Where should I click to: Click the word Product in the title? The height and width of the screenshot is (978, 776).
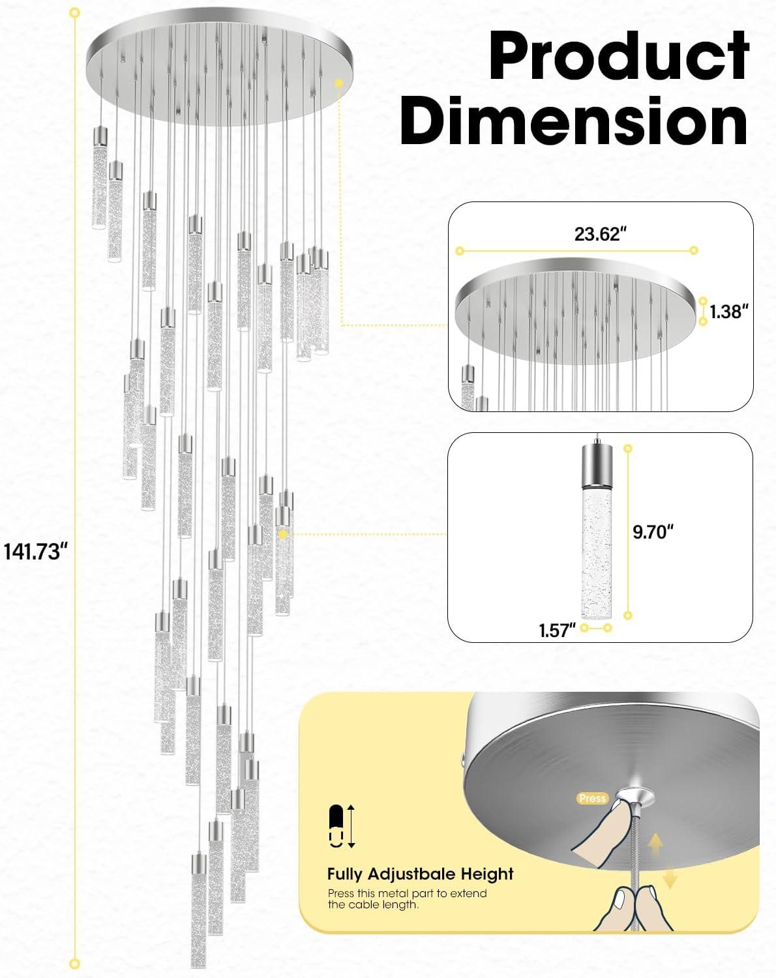[x=618, y=56]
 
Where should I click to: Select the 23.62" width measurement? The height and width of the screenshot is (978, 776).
[x=597, y=234]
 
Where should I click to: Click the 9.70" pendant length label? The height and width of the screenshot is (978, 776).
[x=653, y=531]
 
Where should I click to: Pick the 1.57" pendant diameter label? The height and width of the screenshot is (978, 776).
[x=557, y=630]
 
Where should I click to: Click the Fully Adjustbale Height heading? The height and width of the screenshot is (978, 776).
[x=421, y=874]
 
